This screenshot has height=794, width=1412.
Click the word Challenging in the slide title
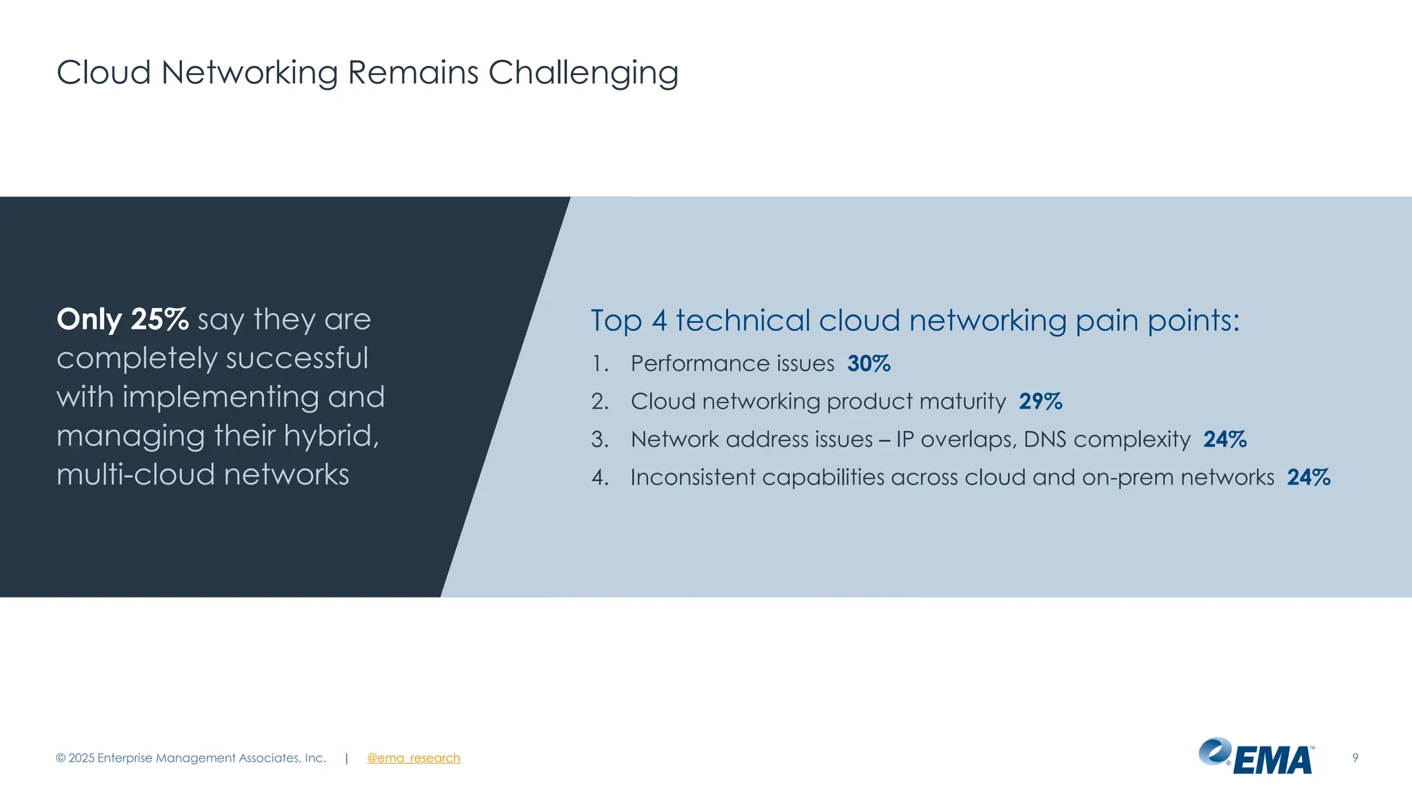(x=583, y=73)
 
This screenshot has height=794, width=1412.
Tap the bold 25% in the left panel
(x=159, y=320)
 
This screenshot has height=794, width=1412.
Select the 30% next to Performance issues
(x=869, y=363)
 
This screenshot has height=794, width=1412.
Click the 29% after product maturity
(x=1040, y=401)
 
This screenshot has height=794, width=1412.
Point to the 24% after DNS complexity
(x=1224, y=439)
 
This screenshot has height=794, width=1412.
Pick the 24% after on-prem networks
(x=1309, y=477)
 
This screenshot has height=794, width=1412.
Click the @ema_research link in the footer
(x=413, y=758)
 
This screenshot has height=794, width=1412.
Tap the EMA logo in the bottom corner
(x=1256, y=757)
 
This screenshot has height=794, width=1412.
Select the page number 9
(x=1355, y=758)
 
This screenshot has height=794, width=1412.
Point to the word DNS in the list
(x=1045, y=439)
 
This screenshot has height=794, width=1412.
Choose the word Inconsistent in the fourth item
(x=692, y=477)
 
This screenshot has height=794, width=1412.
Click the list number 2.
(x=599, y=401)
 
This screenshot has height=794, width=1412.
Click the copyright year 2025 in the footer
(x=81, y=758)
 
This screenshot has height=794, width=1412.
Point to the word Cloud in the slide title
(x=103, y=73)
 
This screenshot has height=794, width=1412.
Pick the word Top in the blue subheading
(x=616, y=321)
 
